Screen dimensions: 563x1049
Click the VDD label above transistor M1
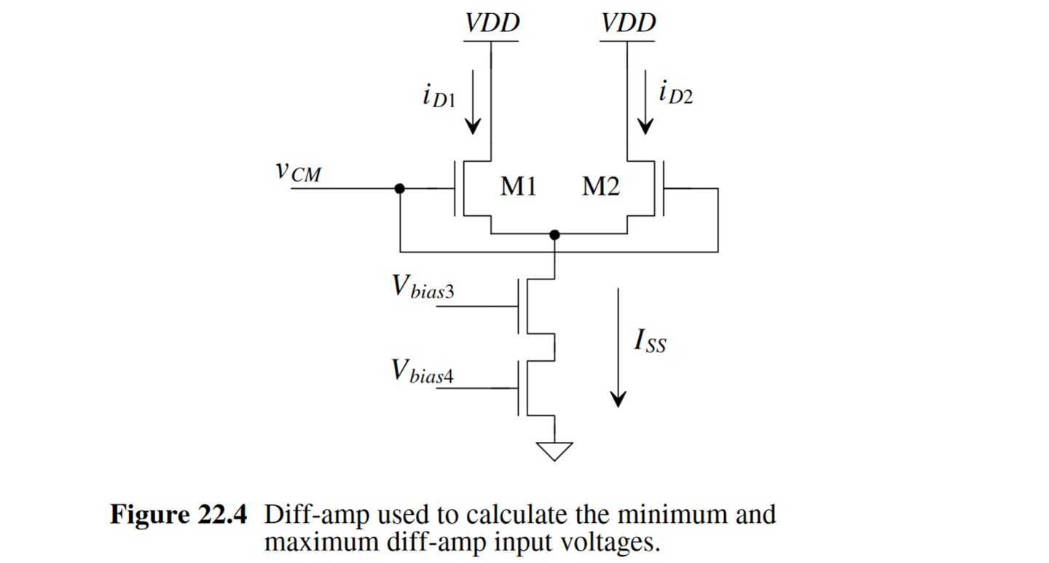[492, 23]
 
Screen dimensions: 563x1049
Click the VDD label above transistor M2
[629, 23]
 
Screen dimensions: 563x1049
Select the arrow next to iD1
[474, 101]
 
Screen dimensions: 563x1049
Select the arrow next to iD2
[645, 101]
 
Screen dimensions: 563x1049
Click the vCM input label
[298, 173]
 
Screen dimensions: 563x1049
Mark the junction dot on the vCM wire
[399, 188]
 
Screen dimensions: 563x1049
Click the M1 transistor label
[519, 188]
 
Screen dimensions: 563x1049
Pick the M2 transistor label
[601, 188]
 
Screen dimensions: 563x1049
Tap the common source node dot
[555, 235]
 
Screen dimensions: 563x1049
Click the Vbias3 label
[423, 289]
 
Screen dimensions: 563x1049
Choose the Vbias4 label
[423, 373]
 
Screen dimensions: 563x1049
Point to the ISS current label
[649, 342]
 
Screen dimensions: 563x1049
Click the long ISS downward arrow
[618, 346]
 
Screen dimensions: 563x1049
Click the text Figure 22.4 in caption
[178, 515]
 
